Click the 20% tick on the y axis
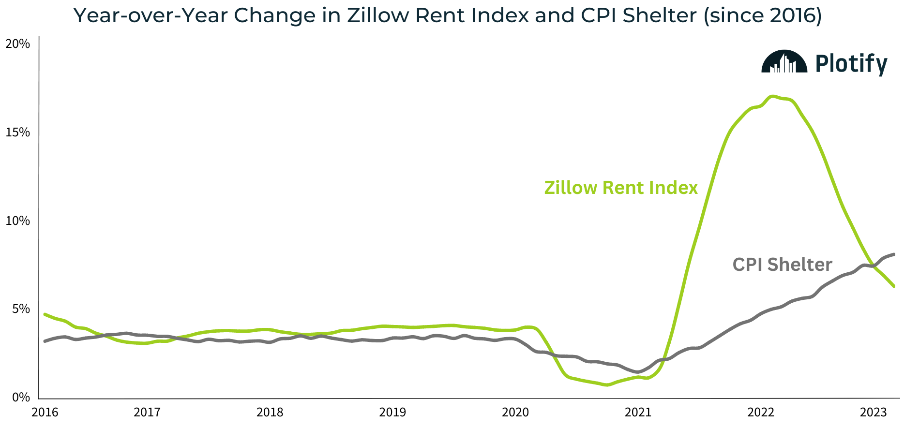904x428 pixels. (18, 44)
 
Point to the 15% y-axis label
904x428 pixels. (18, 133)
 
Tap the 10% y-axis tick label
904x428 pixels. (18, 221)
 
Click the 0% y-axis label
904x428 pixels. (21, 398)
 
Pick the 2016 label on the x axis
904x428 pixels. (45, 413)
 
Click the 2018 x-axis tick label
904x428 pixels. (270, 413)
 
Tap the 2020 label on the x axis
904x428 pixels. (515, 413)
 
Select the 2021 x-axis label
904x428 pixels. (638, 413)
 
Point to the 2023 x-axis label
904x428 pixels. (873, 413)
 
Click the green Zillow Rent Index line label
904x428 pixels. (621, 188)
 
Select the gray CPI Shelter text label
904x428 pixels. (782, 265)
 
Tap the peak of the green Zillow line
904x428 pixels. (772, 96)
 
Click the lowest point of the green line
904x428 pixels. (607, 385)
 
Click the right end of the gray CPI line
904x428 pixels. (893, 254)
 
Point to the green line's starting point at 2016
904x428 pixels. (45, 314)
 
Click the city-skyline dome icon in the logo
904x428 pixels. (784, 62)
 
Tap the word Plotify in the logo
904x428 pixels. (851, 64)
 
